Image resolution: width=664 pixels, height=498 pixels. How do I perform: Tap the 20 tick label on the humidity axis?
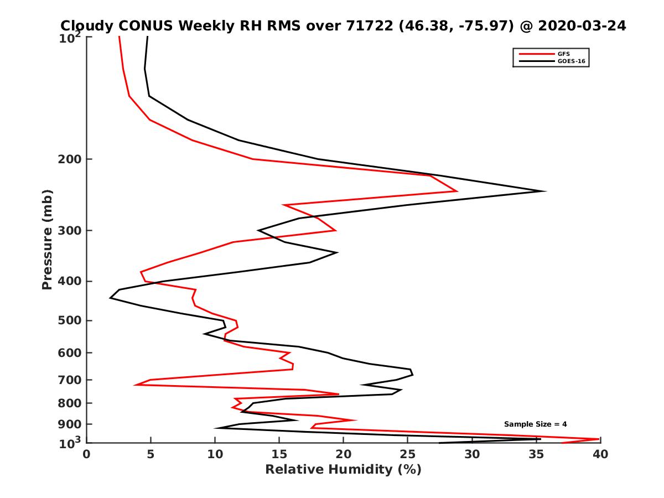click(x=343, y=455)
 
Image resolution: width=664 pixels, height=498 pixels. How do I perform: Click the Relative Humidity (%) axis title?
click(x=343, y=470)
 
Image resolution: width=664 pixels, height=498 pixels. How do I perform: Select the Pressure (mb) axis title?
click(x=47, y=239)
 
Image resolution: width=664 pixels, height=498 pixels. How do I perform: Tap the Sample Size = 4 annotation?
click(x=535, y=424)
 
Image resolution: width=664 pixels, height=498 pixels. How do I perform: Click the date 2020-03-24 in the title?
click(x=583, y=25)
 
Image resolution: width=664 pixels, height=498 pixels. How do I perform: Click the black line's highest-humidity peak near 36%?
click(x=545, y=191)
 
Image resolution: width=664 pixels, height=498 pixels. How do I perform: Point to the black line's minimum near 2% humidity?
click(x=111, y=298)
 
